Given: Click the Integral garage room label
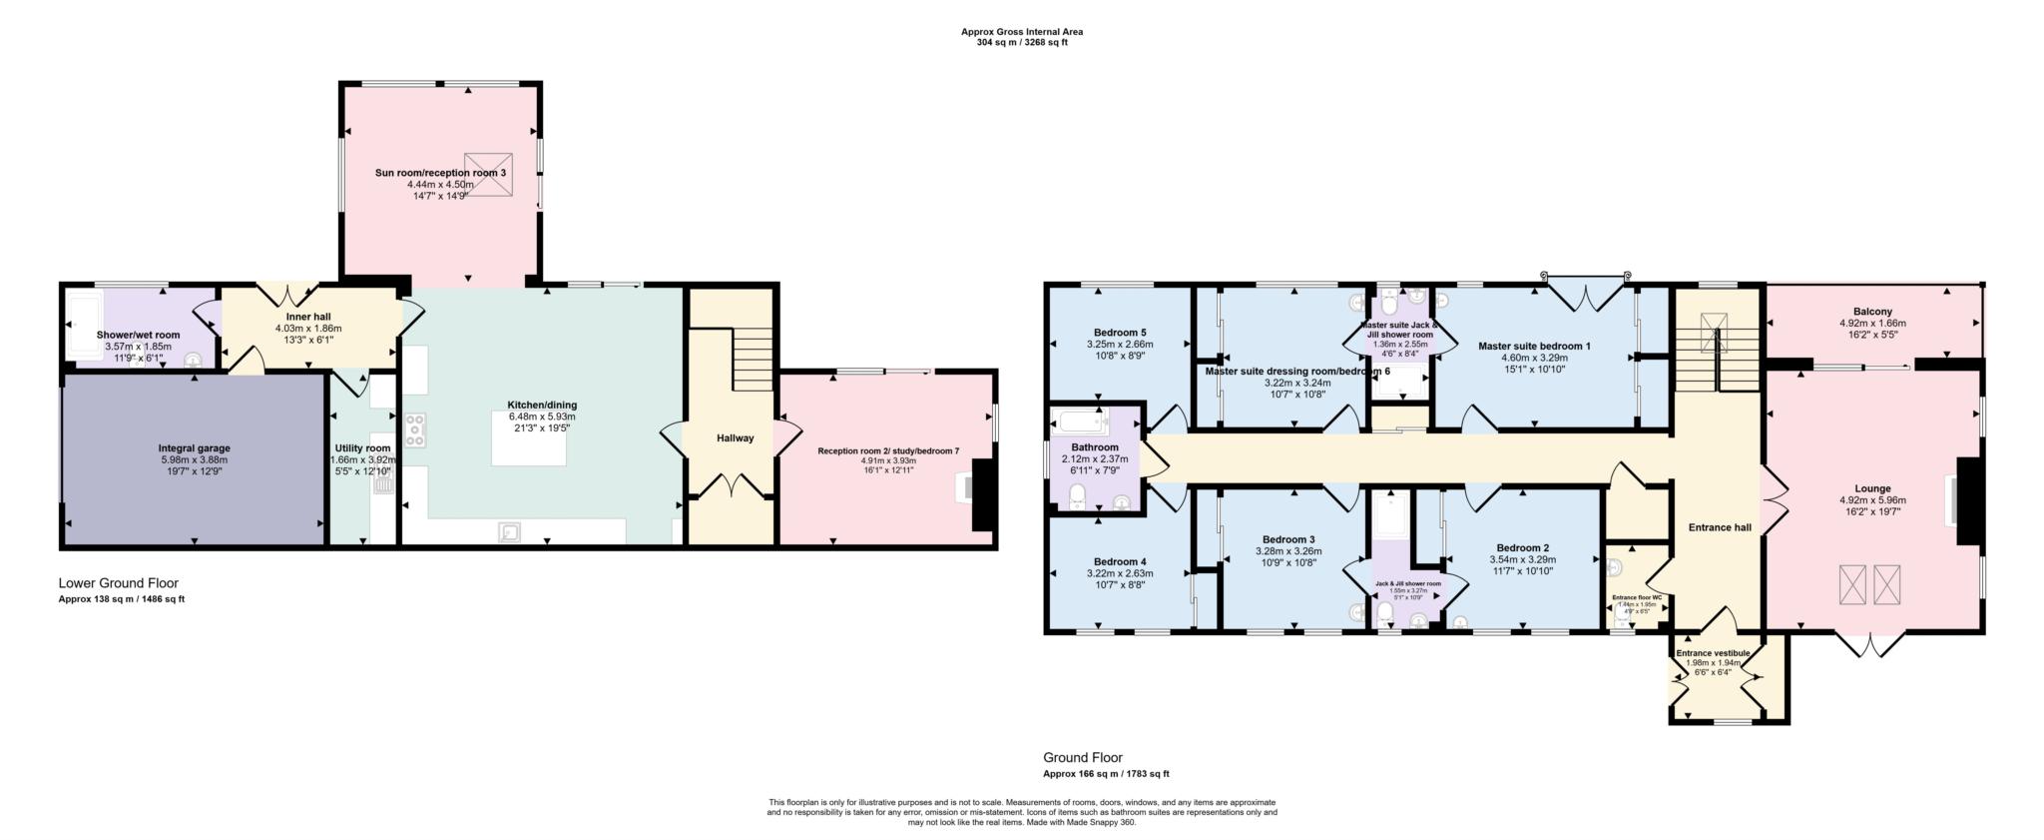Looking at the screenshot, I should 194,448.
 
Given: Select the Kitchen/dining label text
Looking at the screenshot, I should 542,405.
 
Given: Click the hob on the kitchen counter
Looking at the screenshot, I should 415,429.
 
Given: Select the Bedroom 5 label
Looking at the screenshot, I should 1119,333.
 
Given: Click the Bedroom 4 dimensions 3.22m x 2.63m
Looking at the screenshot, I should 1119,573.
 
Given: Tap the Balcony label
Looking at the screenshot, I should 1871,312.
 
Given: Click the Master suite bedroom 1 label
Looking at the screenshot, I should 1534,346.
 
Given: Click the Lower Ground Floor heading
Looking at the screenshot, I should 118,583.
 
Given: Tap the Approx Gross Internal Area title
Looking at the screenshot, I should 1021,32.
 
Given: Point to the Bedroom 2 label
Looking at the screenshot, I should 1522,547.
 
